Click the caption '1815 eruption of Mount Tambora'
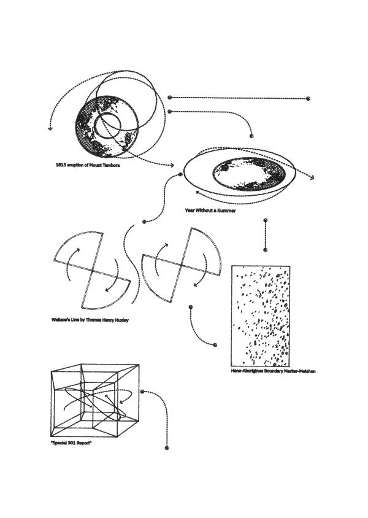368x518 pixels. tap(88, 165)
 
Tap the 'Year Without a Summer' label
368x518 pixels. tap(210, 211)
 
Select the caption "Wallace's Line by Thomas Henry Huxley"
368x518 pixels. tap(90, 320)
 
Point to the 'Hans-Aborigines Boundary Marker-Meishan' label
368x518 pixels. tap(274, 371)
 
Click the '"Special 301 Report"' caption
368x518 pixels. tap(71, 443)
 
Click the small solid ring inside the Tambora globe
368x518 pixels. tap(107, 126)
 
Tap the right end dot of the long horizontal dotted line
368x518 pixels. tap(309, 98)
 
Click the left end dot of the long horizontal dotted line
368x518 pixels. tap(170, 98)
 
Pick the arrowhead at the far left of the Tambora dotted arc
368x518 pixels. tap(50, 128)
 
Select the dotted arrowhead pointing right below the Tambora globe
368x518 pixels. tap(172, 165)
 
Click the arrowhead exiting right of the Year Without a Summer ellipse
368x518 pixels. tap(312, 178)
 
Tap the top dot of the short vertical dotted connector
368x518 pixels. tap(266, 220)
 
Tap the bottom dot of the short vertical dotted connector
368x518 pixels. tap(266, 250)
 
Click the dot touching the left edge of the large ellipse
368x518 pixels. tap(180, 174)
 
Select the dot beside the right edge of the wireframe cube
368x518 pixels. tap(142, 392)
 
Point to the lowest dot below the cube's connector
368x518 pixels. tap(167, 448)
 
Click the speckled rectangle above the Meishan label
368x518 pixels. tap(261, 316)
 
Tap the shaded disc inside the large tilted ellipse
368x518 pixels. tap(248, 174)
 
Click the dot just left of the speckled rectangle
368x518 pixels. tap(215, 345)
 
